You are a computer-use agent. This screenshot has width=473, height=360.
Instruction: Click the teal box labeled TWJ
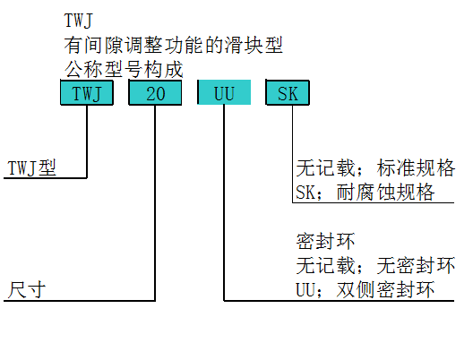point(87,92)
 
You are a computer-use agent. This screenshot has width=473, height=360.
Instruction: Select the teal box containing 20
point(155,92)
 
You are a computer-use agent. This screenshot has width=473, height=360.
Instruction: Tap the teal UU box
point(224,92)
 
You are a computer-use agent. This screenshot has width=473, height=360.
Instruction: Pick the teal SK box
point(288,92)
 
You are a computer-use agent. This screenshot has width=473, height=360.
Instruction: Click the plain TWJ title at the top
point(78,21)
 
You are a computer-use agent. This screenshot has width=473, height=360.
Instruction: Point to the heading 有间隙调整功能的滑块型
point(173,46)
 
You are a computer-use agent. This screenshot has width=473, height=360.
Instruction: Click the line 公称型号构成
point(124,69)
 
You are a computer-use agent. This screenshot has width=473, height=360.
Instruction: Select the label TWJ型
point(31,168)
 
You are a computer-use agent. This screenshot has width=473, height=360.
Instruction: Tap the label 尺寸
point(27,290)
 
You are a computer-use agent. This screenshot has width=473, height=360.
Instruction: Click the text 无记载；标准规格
point(375,167)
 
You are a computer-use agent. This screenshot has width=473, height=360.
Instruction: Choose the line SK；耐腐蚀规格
point(365,192)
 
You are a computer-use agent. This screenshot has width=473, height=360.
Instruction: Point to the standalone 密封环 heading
point(325,241)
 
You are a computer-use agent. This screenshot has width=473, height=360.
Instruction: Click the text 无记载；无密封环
point(375,266)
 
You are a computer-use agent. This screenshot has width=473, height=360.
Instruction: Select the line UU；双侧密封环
point(365,290)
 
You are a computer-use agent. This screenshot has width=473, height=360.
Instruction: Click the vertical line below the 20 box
point(155,203)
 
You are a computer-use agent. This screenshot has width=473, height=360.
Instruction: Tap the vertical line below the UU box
point(224,203)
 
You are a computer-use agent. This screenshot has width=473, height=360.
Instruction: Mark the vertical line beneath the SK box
point(292,154)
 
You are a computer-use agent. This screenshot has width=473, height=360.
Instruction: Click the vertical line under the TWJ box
point(87,141)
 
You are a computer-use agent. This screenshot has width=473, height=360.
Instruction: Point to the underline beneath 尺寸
point(80,301)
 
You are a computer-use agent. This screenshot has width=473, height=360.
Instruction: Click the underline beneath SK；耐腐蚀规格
point(374,202)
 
